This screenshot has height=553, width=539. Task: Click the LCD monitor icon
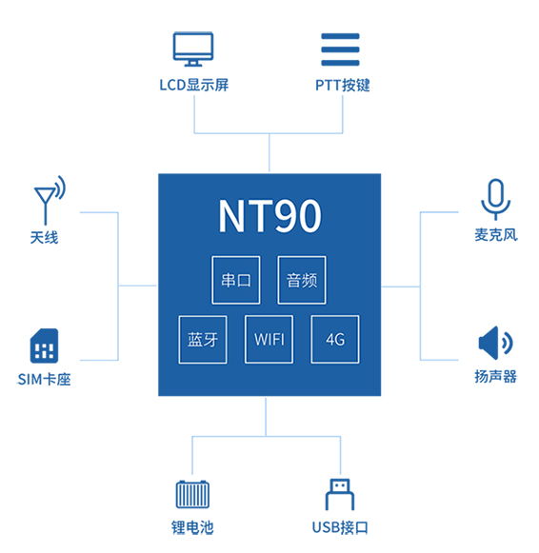click(193, 49)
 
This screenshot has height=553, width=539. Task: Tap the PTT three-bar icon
click(340, 49)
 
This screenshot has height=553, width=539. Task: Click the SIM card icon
click(44, 346)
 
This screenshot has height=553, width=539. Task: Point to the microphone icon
click(495, 199)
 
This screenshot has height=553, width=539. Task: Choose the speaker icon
click(495, 343)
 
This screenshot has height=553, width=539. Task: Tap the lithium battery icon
click(192, 494)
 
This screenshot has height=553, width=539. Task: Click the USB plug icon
click(340, 494)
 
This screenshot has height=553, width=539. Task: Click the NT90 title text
click(269, 216)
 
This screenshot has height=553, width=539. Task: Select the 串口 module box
click(236, 280)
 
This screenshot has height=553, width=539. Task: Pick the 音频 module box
click(302, 280)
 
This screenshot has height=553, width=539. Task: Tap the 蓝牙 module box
click(203, 339)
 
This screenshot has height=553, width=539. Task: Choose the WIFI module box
click(269, 339)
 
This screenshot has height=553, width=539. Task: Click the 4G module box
click(335, 339)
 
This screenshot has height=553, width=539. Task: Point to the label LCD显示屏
click(194, 85)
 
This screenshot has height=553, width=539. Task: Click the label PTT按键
click(343, 85)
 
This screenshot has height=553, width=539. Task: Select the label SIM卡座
click(44, 380)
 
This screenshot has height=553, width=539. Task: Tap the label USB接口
click(340, 527)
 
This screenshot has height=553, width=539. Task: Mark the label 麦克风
click(496, 235)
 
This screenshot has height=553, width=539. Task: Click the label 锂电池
click(192, 527)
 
